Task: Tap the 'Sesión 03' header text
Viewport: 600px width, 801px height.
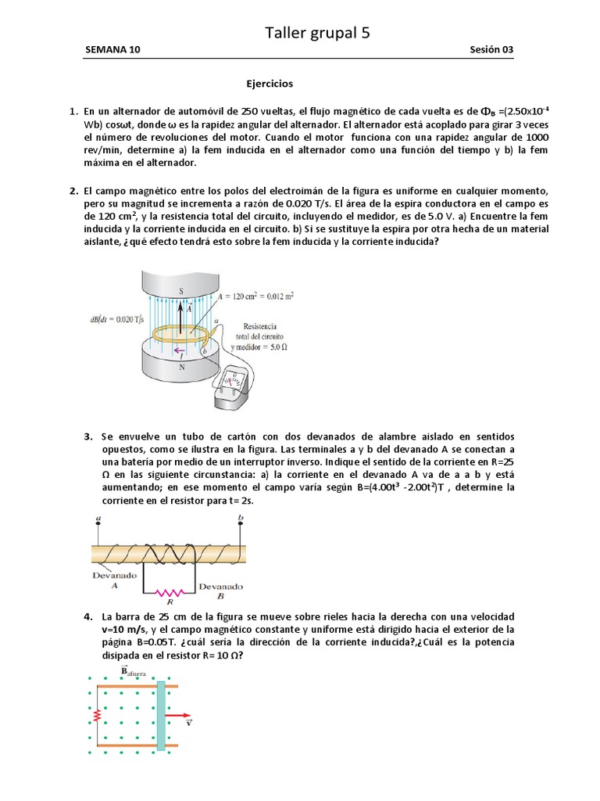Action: pos(491,50)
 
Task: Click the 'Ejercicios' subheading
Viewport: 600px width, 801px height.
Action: pos(270,83)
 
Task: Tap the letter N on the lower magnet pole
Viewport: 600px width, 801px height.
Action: pos(182,365)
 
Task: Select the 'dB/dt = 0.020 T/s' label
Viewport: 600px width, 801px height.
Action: pos(114,319)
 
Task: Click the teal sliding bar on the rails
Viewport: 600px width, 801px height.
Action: pos(161,715)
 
